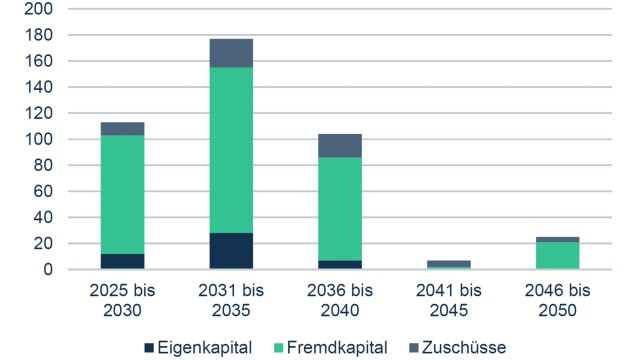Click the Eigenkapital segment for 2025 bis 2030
(x=122, y=261)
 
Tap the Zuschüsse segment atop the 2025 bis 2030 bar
(x=122, y=128)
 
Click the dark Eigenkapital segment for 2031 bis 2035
(x=231, y=251)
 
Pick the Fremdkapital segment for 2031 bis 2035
(x=231, y=150)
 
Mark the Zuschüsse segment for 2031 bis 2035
(x=231, y=53)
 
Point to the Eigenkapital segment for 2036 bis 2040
(x=340, y=264)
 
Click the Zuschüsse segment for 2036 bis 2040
(x=340, y=145)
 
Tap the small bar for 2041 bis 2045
(x=449, y=264)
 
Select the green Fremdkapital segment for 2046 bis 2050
(x=557, y=255)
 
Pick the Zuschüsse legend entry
(x=456, y=346)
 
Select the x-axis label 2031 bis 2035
(x=231, y=299)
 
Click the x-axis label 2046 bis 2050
(x=557, y=299)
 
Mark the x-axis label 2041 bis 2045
(x=449, y=299)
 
